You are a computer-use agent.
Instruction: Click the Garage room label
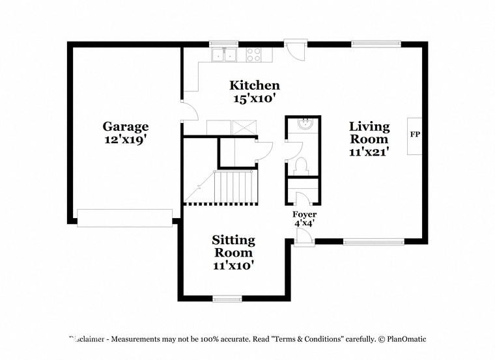point(126,126)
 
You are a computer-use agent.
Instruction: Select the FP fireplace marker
point(415,134)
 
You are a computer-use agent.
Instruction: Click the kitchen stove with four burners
point(254,55)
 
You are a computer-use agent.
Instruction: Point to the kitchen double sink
point(224,55)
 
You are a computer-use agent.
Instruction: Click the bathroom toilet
point(301,166)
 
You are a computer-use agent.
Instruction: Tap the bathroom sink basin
point(305,123)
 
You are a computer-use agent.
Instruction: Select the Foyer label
point(304,214)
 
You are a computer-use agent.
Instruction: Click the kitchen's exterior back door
point(296,50)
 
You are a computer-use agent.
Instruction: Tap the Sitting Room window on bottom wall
point(227,298)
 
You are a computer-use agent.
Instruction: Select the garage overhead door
point(125,217)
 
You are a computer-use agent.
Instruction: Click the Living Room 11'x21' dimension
point(369,152)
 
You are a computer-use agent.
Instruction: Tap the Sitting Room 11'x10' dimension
point(234,266)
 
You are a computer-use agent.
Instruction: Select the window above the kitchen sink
point(224,43)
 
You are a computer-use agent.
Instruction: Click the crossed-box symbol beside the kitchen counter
point(244,128)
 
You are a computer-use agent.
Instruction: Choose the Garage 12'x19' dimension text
point(126,139)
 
